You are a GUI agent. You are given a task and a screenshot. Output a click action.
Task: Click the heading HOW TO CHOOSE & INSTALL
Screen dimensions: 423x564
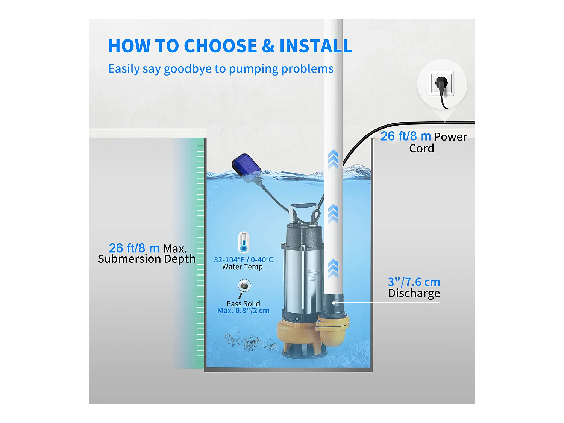click(x=230, y=46)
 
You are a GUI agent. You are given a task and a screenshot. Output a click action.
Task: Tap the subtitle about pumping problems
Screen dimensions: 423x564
click(x=221, y=69)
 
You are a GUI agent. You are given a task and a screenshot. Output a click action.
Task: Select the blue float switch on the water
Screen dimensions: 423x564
click(x=246, y=166)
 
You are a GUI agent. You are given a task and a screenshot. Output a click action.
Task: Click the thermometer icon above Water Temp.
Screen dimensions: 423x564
click(x=244, y=243)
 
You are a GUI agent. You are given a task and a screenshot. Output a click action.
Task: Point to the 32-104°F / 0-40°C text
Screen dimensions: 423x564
click(x=243, y=259)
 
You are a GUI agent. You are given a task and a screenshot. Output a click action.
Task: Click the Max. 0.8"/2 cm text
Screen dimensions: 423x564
click(x=243, y=311)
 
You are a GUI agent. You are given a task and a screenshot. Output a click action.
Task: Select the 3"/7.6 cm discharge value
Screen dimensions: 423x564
click(x=414, y=282)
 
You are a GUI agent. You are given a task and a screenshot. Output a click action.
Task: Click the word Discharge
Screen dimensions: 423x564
click(x=414, y=293)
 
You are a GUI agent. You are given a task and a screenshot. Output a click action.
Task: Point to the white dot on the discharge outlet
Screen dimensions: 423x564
click(x=334, y=303)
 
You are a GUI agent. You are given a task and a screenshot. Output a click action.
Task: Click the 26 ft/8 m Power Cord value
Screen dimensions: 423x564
click(x=405, y=136)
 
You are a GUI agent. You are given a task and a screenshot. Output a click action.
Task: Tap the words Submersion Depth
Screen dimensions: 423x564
click(x=147, y=259)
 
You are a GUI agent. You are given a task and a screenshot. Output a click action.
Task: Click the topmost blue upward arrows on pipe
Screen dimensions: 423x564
click(x=333, y=159)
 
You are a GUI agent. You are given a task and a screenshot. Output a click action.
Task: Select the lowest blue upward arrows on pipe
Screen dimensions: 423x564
click(x=333, y=268)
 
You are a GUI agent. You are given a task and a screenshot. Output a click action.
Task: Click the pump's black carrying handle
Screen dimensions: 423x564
click(x=303, y=206)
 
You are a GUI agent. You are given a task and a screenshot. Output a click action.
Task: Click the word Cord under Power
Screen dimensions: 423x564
click(x=421, y=149)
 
